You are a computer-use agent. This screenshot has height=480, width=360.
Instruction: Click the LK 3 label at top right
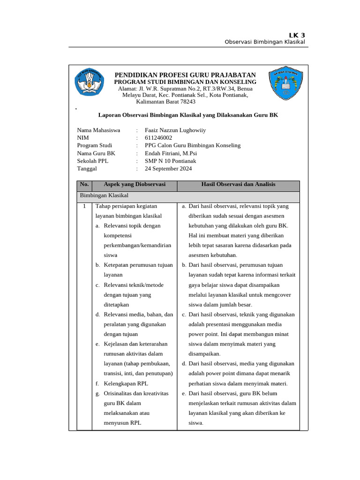[296, 35]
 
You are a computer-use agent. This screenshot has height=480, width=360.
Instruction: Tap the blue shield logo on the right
[286, 85]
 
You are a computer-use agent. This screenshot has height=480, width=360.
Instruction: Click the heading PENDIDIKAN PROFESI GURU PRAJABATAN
[186, 75]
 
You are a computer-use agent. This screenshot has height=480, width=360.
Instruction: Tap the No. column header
[84, 185]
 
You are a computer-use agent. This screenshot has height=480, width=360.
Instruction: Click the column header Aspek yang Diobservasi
[135, 185]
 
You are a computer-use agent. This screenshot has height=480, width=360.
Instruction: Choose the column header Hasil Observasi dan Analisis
[238, 185]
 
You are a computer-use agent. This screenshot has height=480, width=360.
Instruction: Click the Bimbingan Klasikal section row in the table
[104, 195]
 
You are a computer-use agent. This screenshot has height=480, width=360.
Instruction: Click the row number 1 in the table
[84, 206]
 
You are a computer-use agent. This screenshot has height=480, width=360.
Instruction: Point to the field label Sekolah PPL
[92, 161]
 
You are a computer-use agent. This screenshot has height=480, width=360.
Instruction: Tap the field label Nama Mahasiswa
[98, 130]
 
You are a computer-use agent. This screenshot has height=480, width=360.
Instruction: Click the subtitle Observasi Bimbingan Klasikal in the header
[265, 42]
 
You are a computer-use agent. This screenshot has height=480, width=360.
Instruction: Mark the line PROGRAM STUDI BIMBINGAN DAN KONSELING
[186, 82]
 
